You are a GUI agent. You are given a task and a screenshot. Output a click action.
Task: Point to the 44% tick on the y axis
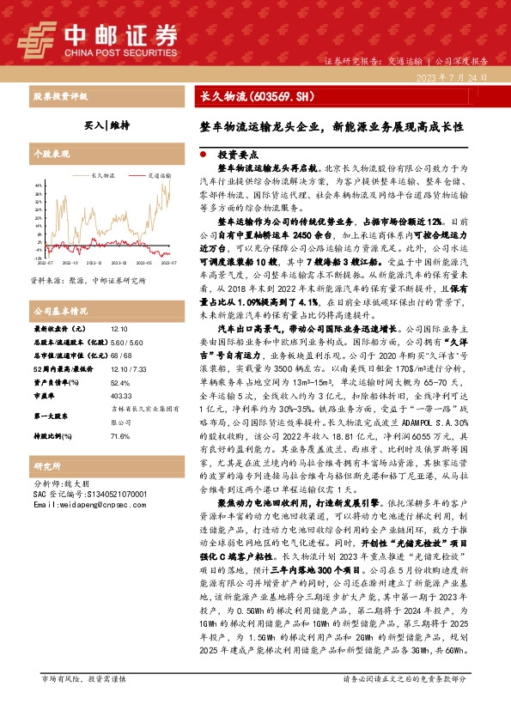[39, 185]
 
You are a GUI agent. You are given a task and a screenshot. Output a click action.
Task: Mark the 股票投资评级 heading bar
[61, 96]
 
